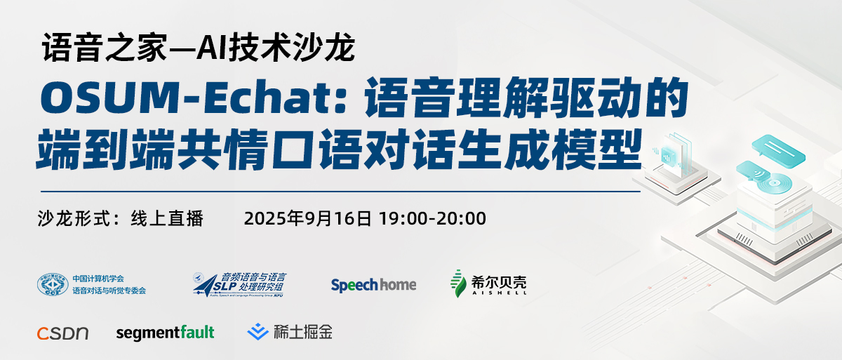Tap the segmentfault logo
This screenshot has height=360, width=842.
[165, 332]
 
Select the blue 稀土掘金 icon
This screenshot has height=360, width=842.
[260, 331]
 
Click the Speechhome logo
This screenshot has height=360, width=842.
[373, 284]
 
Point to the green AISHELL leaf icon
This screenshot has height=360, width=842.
[458, 283]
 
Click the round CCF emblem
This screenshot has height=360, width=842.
[53, 284]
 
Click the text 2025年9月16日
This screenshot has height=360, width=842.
[307, 218]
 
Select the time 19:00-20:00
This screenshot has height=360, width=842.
[432, 218]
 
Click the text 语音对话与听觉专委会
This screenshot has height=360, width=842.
[109, 290]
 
